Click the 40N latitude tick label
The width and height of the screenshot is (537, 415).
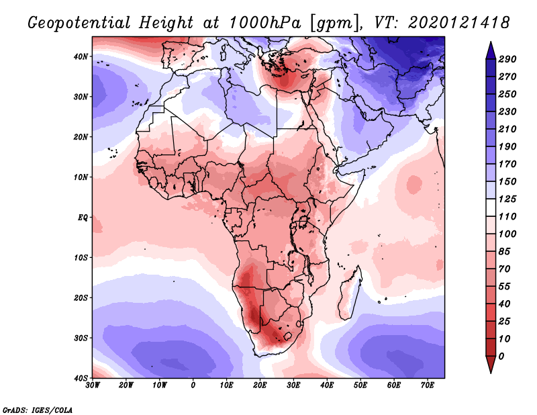[x=81, y=56]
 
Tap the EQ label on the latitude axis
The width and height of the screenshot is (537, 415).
[x=83, y=218]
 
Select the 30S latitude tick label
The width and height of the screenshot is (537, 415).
[x=81, y=338]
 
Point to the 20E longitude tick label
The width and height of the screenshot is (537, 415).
[x=260, y=385]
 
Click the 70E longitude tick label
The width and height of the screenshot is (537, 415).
[x=428, y=385]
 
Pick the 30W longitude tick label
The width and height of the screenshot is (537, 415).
[x=93, y=385]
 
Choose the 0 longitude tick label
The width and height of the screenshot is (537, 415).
[x=193, y=385]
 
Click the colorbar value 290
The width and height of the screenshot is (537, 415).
[x=507, y=59]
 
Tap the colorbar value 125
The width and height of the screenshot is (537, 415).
[x=507, y=199]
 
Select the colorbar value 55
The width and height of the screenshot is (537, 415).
[x=505, y=287]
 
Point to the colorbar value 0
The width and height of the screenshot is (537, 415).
[x=501, y=357]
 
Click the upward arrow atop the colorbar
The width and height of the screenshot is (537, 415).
[x=491, y=50]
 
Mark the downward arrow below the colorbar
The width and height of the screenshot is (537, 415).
[x=491, y=365]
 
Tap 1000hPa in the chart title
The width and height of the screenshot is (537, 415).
[x=265, y=23]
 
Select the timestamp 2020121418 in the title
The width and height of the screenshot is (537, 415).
[x=459, y=23]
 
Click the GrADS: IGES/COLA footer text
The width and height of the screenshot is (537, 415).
[x=38, y=410]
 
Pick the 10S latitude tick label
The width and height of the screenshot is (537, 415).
[x=81, y=258]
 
